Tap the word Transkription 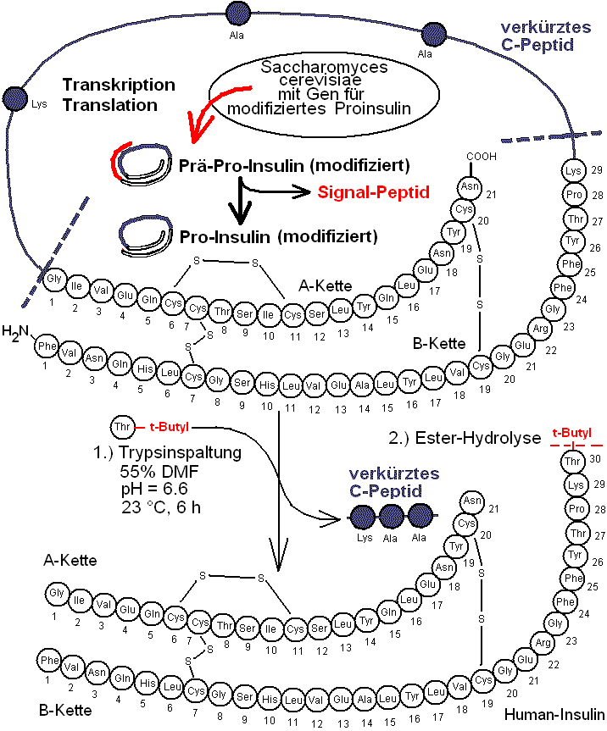point(119,86)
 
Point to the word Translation point(110,105)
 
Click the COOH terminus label point(481,157)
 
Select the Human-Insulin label point(554,714)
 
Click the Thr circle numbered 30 point(573,462)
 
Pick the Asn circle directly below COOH point(470,186)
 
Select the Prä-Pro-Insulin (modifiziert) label point(295,163)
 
